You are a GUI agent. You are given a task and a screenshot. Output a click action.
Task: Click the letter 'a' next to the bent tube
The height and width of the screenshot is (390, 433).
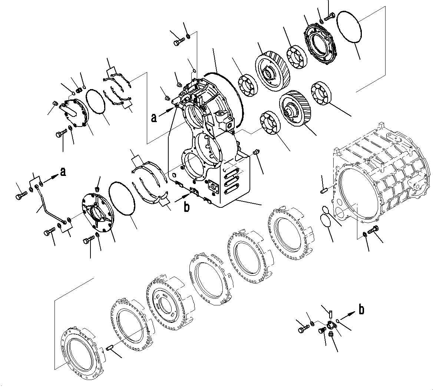tap(63, 172)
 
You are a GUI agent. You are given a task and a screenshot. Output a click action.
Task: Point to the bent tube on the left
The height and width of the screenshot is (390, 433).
tap(49, 210)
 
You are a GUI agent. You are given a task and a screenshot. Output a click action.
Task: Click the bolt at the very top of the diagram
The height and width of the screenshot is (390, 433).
tap(329, 16)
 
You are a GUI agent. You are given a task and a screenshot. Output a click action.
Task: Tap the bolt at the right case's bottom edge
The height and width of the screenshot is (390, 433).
tap(373, 230)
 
